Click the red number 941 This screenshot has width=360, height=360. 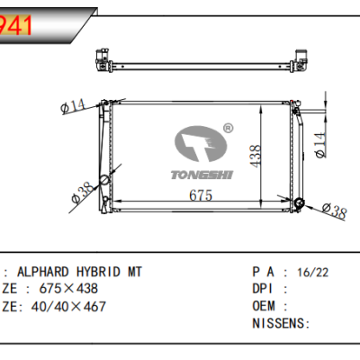tap(18, 24)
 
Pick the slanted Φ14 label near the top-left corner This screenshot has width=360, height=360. tap(72, 107)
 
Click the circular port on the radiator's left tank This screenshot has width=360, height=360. tap(104, 180)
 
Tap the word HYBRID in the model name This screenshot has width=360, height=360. tap(99, 271)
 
